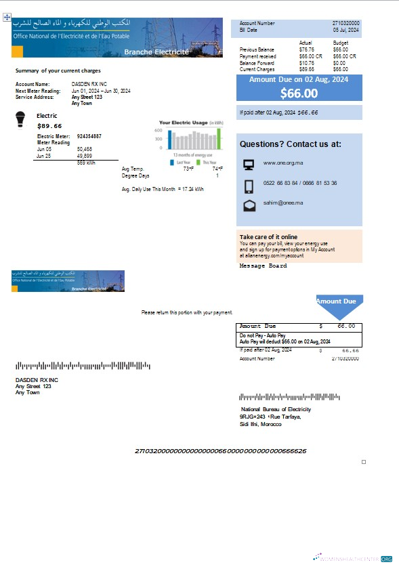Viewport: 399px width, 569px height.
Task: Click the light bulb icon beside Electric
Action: pos(20,120)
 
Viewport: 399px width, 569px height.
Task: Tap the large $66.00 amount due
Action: pos(299,93)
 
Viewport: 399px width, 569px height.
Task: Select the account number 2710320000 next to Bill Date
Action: pos(346,23)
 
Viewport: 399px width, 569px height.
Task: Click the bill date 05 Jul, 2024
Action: pos(346,30)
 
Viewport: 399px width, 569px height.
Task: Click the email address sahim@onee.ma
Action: pos(282,203)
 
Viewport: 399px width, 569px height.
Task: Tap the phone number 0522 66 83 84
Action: pos(280,183)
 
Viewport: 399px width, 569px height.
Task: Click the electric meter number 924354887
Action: pos(89,136)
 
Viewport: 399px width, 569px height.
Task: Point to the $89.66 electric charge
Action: pos(49,126)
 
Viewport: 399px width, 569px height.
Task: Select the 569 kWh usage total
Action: pos(86,163)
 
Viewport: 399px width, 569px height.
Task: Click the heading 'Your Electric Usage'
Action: pos(183,123)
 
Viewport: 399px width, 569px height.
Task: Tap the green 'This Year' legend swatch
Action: pos(198,163)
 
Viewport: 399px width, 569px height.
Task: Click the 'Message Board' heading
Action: pos(263,266)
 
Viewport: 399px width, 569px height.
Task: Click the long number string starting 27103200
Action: pos(220,450)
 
